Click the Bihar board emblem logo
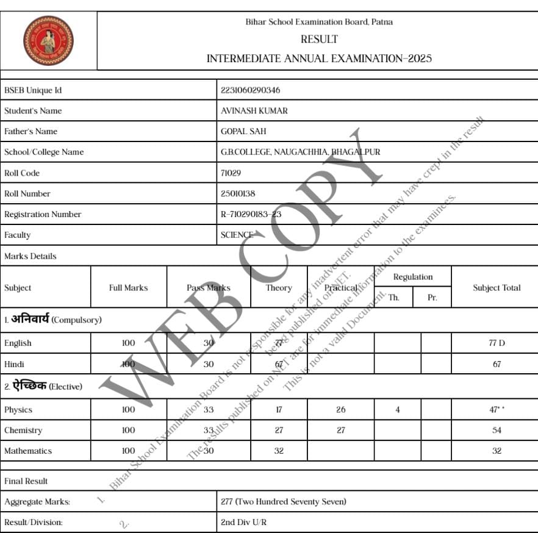click(48, 41)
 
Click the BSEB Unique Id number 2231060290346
click(250, 90)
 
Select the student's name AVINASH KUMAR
click(254, 111)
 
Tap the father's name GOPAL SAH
click(243, 131)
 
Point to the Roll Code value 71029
click(231, 173)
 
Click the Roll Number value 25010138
click(238, 193)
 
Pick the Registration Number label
click(43, 214)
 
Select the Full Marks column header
click(128, 288)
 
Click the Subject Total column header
click(497, 288)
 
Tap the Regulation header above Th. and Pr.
click(413, 277)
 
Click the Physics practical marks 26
click(340, 410)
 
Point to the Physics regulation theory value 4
click(397, 410)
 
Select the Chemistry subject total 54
click(497, 431)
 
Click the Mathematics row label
click(28, 451)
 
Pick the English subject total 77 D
click(497, 343)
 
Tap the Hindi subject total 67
click(497, 364)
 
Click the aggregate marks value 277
click(283, 502)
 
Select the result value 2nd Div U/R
click(243, 523)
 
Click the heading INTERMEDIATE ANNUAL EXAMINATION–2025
click(319, 59)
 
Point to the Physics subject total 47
click(497, 410)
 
